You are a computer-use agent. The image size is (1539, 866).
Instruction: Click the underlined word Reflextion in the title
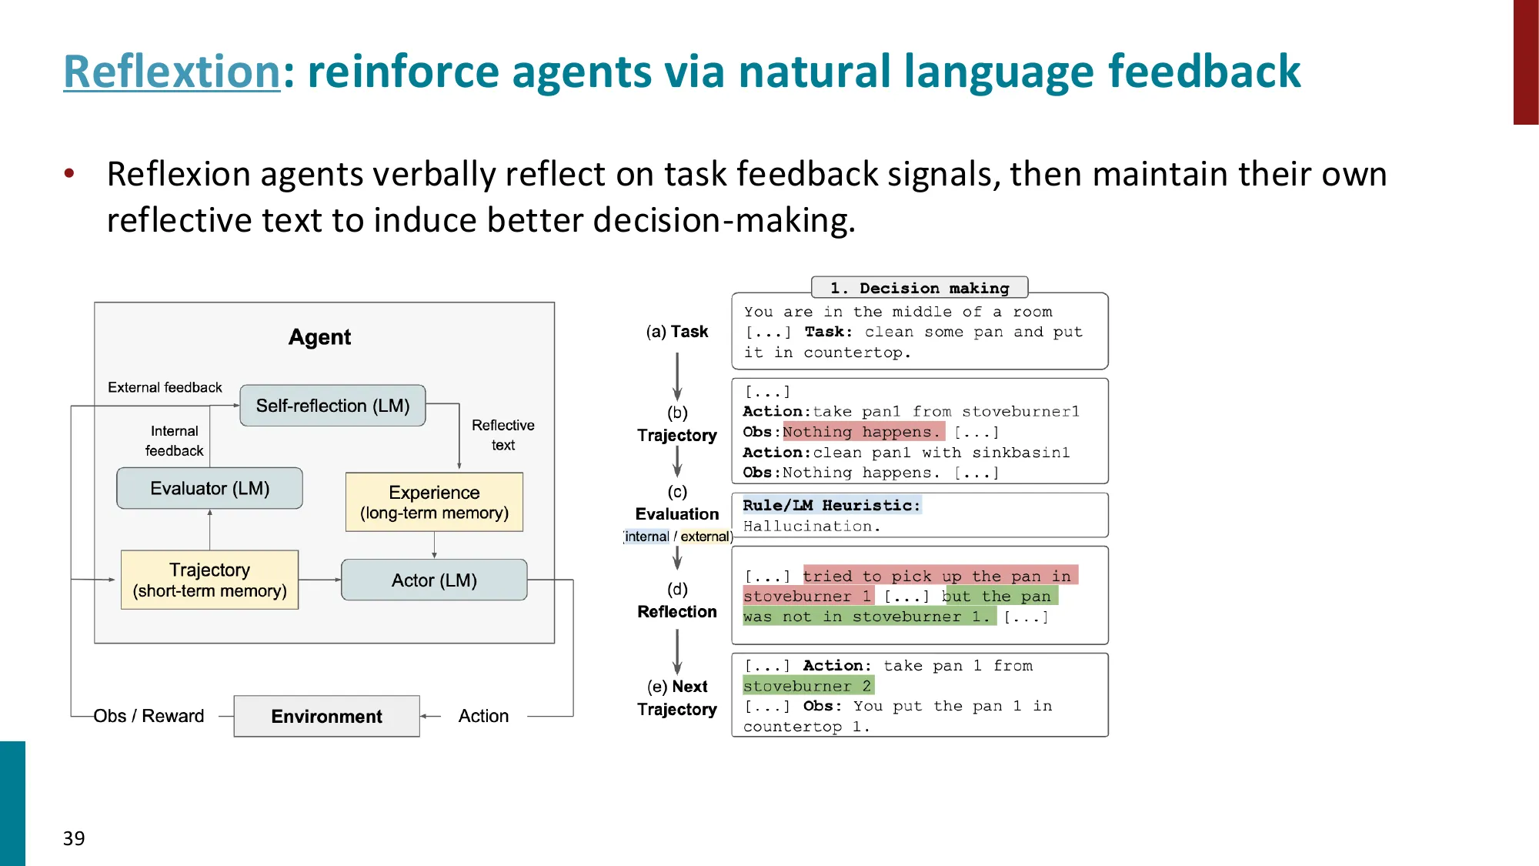pyautogui.click(x=172, y=72)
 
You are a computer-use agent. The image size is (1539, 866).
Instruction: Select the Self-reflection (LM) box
pyautogui.click(x=332, y=406)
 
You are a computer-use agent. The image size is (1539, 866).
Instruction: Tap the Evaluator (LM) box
pyautogui.click(x=209, y=488)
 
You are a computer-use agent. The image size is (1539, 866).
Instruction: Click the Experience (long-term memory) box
pyautogui.click(x=434, y=502)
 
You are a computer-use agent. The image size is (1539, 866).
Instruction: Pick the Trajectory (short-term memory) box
pyautogui.click(x=209, y=580)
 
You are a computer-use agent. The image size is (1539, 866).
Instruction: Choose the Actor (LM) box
pyautogui.click(x=434, y=580)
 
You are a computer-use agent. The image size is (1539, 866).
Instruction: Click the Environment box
pyautogui.click(x=326, y=717)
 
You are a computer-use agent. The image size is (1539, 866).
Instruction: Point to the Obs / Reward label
pyautogui.click(x=149, y=716)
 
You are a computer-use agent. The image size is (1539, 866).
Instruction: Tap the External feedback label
pyautogui.click(x=165, y=387)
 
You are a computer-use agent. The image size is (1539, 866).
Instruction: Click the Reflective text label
pyautogui.click(x=502, y=435)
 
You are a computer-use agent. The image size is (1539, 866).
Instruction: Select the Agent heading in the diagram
pyautogui.click(x=319, y=337)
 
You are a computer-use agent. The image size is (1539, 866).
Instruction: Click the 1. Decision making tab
pyautogui.click(x=920, y=288)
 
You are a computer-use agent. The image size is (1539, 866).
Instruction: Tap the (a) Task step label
pyautogui.click(x=677, y=332)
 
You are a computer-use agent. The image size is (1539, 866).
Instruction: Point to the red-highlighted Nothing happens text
pyautogui.click(x=862, y=432)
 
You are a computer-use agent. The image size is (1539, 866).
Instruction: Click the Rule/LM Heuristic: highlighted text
pyautogui.click(x=831, y=505)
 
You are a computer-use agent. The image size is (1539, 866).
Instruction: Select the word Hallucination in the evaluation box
pyautogui.click(x=811, y=527)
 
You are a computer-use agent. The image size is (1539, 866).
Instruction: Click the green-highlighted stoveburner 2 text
pyautogui.click(x=807, y=686)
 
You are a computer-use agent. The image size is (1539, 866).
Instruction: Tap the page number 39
pyautogui.click(x=74, y=838)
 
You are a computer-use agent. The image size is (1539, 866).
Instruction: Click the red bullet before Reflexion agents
pyautogui.click(x=69, y=173)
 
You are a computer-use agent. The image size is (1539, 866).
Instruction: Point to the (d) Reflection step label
pyautogui.click(x=677, y=600)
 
